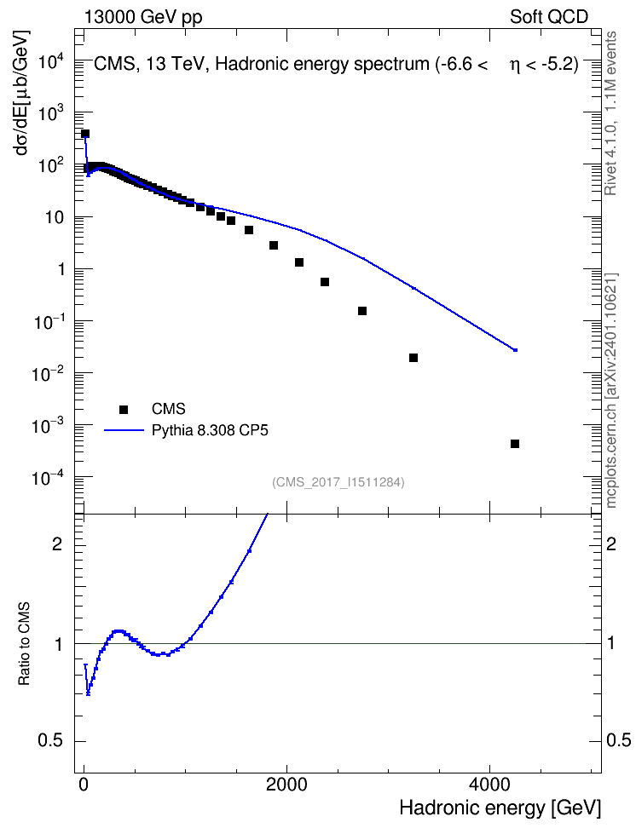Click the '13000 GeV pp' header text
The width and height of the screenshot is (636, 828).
click(143, 17)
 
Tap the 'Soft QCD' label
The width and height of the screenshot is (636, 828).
click(549, 17)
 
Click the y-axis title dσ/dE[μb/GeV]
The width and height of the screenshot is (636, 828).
click(22, 93)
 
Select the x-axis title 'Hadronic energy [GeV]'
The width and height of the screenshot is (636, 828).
click(500, 808)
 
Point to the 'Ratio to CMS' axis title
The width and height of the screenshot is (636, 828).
click(24, 644)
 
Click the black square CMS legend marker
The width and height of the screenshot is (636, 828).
click(124, 409)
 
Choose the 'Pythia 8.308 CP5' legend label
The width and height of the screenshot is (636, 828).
click(210, 430)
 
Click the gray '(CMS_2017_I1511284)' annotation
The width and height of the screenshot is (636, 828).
click(338, 482)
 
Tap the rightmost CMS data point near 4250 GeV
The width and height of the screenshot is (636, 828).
click(515, 444)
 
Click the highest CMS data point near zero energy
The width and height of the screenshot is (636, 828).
click(85, 134)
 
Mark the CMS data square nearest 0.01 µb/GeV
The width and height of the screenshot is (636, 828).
click(413, 358)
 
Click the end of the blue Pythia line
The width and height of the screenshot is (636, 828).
click(516, 350)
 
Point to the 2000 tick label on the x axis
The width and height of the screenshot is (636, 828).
click(286, 785)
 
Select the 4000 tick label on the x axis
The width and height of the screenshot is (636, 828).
click(489, 785)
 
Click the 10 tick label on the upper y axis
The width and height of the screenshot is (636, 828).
click(54, 217)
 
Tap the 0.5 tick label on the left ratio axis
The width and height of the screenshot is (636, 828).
click(51, 741)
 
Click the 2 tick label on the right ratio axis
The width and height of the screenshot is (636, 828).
click(611, 543)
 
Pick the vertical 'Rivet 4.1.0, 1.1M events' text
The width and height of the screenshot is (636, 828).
click(610, 113)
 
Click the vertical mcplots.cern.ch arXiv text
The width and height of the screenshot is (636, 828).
click(610, 391)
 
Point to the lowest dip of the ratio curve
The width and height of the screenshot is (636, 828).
click(88, 694)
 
